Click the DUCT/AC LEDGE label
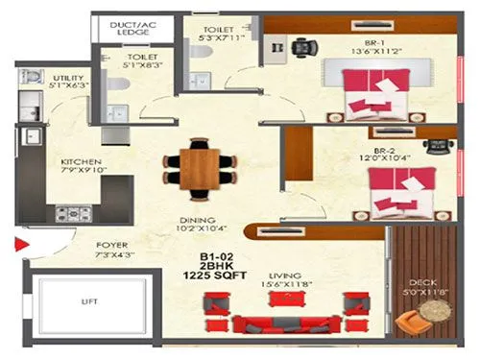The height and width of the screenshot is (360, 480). click(133, 29)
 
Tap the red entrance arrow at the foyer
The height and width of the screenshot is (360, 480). click(18, 247)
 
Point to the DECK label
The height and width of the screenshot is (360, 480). click(420, 282)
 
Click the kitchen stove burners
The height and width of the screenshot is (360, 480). click(71, 212)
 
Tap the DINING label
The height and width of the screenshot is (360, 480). click(198, 220)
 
